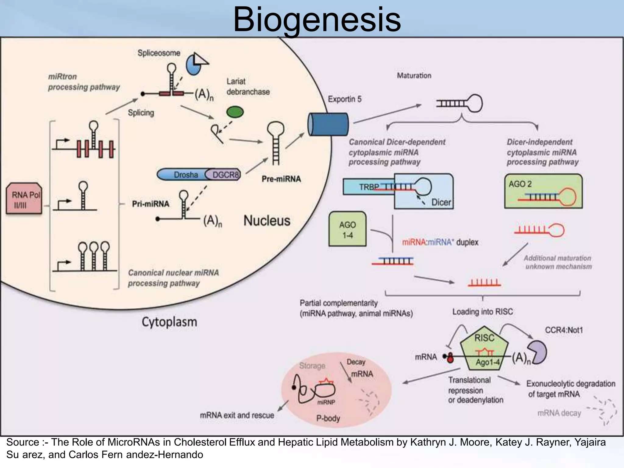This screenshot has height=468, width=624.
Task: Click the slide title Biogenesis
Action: coord(317,19)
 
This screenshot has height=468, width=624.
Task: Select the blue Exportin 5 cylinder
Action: coord(328,124)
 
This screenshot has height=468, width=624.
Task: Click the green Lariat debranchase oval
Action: coord(235,112)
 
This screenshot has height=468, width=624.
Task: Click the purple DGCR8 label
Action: coord(225,175)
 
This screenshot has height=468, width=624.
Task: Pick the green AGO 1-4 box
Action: coord(347,229)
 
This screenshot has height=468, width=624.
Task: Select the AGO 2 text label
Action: coord(520,184)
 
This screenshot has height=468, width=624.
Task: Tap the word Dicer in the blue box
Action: coord(441,202)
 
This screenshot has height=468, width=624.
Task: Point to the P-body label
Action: coord(328,418)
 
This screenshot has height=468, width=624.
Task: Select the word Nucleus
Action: coord(267,221)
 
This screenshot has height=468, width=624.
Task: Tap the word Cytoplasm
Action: coord(169,322)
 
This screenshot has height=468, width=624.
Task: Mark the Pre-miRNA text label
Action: coord(281,179)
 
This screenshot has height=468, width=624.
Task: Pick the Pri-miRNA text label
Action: coord(151,204)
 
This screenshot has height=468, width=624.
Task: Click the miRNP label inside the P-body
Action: coord(326,402)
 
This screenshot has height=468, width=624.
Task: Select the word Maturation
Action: coord(414,76)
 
